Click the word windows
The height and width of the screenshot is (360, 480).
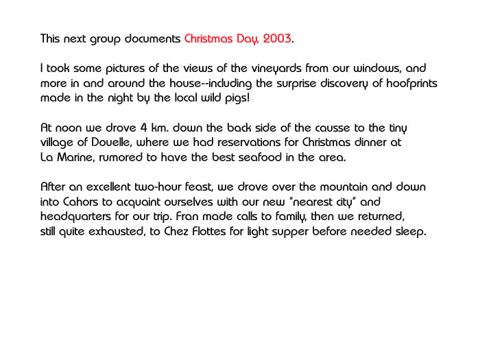[374, 69]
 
